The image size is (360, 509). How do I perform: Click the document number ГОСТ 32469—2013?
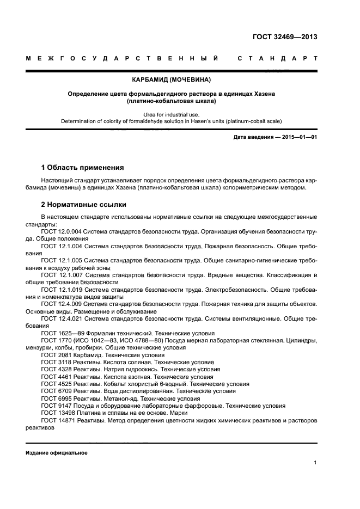pos(285,38)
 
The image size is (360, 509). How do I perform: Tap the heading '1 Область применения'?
pos(82,168)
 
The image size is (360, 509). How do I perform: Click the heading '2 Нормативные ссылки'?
pos(84,205)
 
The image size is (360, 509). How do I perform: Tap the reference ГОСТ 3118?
pos(56,361)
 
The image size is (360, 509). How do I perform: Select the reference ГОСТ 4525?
pos(56,383)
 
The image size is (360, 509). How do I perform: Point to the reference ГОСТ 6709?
pos(56,391)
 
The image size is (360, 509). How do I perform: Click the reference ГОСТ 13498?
pos(58,413)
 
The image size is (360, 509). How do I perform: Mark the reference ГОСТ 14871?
pos(58,420)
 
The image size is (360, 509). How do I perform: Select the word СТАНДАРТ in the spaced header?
pos(277,58)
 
